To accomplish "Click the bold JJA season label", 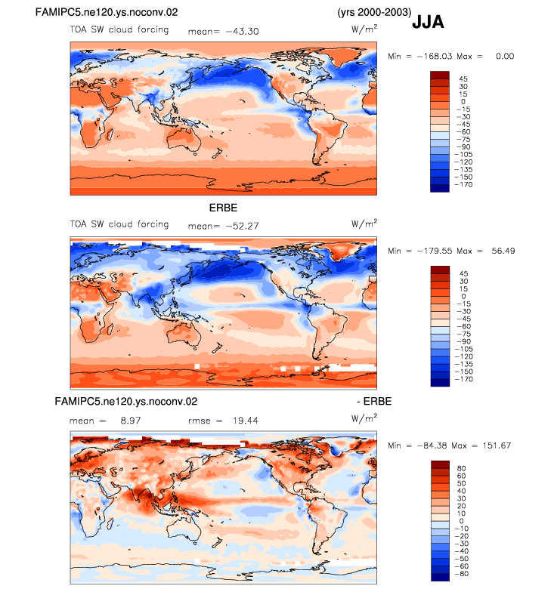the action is (428, 22).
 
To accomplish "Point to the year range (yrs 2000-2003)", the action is (374, 12).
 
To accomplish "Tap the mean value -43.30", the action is (242, 32).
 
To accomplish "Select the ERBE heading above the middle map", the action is (224, 208).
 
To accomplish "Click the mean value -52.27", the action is (242, 227).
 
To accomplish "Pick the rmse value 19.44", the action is (246, 421).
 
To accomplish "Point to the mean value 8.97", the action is (131, 421).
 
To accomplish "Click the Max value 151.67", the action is (497, 446).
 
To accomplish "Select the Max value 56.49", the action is (503, 251).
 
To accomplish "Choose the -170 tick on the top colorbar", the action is (463, 184).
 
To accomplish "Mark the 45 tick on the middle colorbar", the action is (464, 273).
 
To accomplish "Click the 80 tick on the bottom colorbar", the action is (461, 468).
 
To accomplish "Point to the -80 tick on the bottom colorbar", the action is (461, 574).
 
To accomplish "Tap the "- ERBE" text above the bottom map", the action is (374, 402).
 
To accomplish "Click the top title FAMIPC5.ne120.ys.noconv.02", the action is (107, 12).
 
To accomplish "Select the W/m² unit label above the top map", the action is (364, 29).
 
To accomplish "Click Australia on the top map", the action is (184, 139).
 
